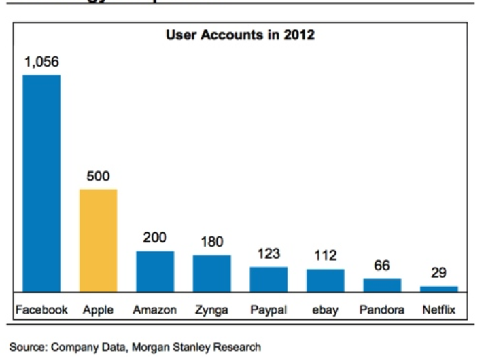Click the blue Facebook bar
[41, 183]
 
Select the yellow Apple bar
[99, 240]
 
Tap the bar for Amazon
[155, 272]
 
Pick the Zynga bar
[211, 274]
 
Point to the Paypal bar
[269, 279]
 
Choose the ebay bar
[325, 281]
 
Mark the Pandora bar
[382, 285]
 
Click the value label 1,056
[41, 62]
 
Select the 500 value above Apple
[99, 177]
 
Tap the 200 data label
[155, 238]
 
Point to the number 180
[211, 242]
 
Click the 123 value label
[269, 255]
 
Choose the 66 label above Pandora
[382, 266]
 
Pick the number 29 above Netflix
[438, 274]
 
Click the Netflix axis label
[438, 310]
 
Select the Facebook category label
[41, 310]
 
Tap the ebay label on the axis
[325, 310]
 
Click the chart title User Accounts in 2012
[240, 35]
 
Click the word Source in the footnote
[27, 347]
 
